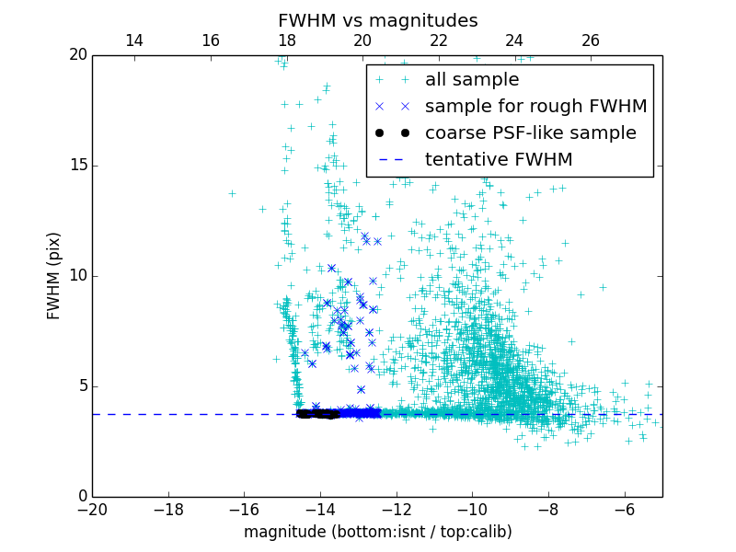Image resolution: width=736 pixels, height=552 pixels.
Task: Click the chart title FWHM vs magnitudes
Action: tap(377, 20)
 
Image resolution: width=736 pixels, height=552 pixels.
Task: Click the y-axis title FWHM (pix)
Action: tap(54, 276)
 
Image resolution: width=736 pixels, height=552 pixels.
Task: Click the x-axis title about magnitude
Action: tap(377, 532)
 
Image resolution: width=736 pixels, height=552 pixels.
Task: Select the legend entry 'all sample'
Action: tap(472, 80)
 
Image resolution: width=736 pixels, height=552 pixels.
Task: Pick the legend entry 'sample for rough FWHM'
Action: tap(535, 107)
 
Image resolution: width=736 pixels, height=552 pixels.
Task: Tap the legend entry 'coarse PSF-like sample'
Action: tap(530, 133)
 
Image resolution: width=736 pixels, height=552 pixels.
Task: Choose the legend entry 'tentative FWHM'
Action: tap(499, 160)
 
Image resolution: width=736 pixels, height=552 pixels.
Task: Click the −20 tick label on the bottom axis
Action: tap(92, 509)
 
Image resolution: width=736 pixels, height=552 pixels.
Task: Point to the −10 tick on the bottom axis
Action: tap(472, 509)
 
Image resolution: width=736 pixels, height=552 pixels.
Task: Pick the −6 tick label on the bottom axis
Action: tap(624, 509)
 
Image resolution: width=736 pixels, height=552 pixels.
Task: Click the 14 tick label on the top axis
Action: tap(133, 40)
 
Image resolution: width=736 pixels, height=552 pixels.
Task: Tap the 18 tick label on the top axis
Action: tap(286, 40)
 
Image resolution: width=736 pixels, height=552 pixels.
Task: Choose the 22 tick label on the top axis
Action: tap(439, 40)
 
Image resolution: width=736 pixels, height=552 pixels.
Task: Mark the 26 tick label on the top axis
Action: tap(591, 40)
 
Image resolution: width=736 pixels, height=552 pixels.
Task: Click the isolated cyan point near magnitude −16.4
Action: tap(232, 193)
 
